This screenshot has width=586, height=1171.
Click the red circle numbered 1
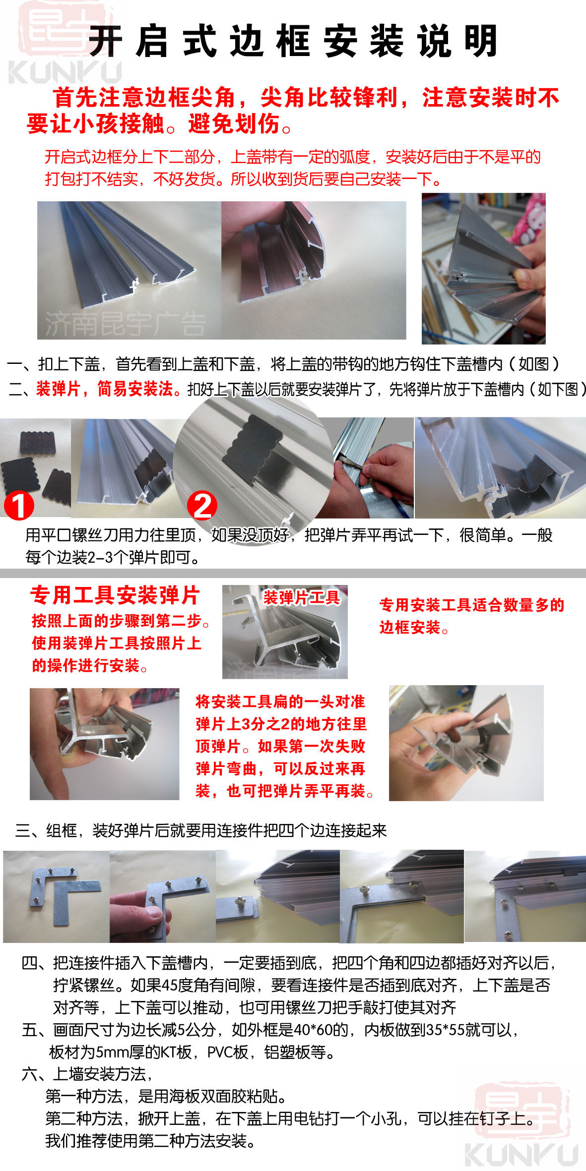pyautogui.click(x=19, y=506)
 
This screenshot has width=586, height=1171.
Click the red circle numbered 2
pyautogui.click(x=202, y=506)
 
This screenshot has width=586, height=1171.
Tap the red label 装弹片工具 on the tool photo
pyautogui.click(x=302, y=597)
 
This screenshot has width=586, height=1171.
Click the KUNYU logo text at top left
pyautogui.click(x=65, y=72)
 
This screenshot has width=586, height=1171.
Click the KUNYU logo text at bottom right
pyautogui.click(x=521, y=1155)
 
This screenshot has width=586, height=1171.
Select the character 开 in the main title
pyautogui.click(x=105, y=41)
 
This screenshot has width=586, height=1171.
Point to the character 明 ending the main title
pyautogui.click(x=481, y=41)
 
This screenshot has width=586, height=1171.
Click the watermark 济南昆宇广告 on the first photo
pyautogui.click(x=125, y=324)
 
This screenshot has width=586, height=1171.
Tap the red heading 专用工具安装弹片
pyautogui.click(x=115, y=595)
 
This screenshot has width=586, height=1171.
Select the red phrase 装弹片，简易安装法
pyautogui.click(x=105, y=389)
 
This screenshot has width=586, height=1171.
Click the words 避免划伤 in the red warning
pyautogui.click(x=234, y=123)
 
